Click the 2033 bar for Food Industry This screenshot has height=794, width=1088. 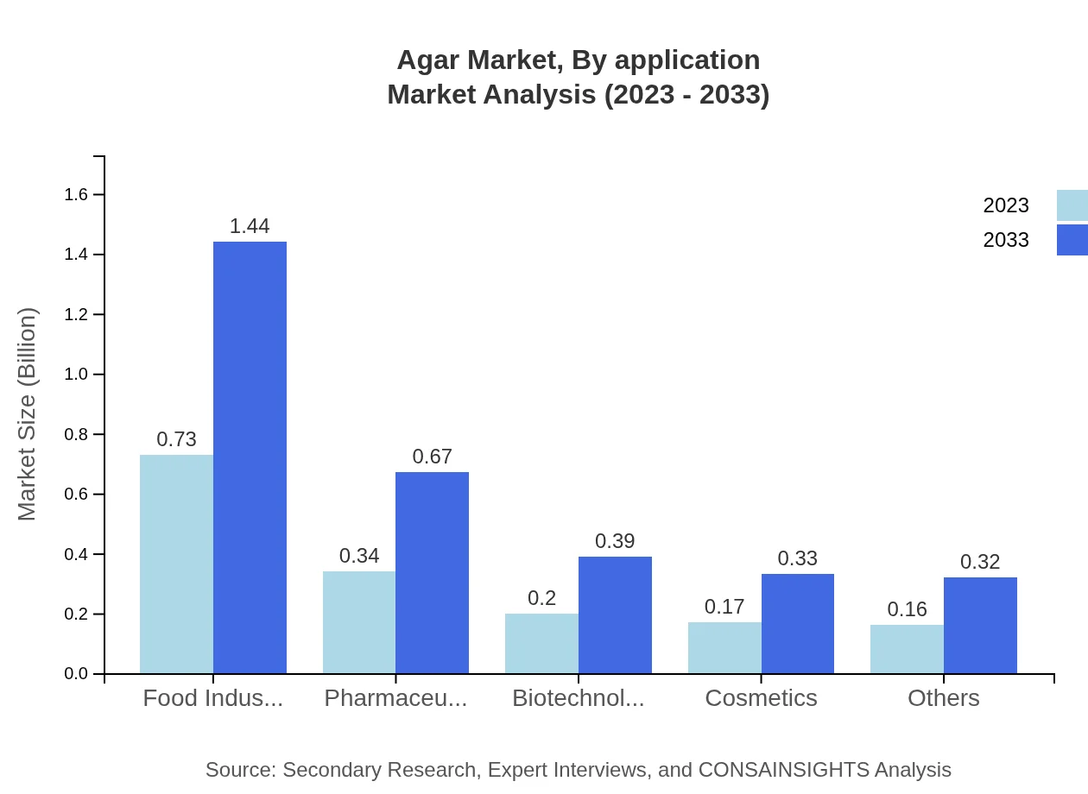pyautogui.click(x=250, y=457)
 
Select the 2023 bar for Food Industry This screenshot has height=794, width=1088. pyautogui.click(x=176, y=564)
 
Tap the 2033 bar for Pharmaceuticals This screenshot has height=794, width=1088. pyautogui.click(x=432, y=572)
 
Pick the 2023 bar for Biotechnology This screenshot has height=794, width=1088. pyautogui.click(x=541, y=643)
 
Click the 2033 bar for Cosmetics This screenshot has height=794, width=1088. pyautogui.click(x=797, y=623)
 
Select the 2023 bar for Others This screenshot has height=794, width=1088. pyautogui.click(x=907, y=649)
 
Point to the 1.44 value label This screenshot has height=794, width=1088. pyautogui.click(x=250, y=226)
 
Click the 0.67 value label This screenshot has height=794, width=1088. pyautogui.click(x=432, y=457)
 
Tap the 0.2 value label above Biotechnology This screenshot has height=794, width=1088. pyautogui.click(x=541, y=598)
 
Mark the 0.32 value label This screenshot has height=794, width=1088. pyautogui.click(x=980, y=562)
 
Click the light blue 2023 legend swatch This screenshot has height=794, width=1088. pyautogui.click(x=1072, y=205)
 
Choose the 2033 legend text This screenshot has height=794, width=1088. pyautogui.click(x=1006, y=240)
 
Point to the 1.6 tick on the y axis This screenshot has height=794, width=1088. pyautogui.click(x=77, y=195)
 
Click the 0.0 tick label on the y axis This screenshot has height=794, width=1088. pyautogui.click(x=77, y=674)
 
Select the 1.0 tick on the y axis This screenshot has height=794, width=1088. pyautogui.click(x=77, y=375)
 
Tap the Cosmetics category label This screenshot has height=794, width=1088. pyautogui.click(x=761, y=698)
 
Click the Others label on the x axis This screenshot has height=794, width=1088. pyautogui.click(x=943, y=698)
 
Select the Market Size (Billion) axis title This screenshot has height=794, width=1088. pyautogui.click(x=28, y=414)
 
